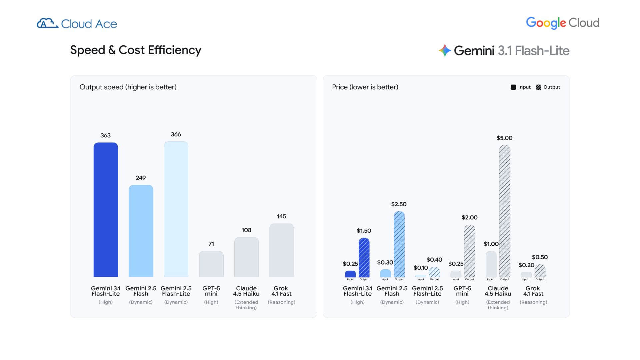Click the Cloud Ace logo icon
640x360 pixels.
click(x=47, y=23)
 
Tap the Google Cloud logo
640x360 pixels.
click(x=563, y=23)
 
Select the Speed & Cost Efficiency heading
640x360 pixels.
click(x=136, y=50)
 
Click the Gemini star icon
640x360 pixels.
click(x=445, y=51)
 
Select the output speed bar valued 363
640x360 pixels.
click(x=106, y=210)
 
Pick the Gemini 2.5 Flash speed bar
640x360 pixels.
click(x=141, y=231)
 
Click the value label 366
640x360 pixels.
click(x=176, y=134)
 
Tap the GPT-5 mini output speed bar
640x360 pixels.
click(x=211, y=264)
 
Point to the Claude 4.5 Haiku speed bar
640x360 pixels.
click(x=246, y=257)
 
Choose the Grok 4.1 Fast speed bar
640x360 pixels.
click(x=282, y=250)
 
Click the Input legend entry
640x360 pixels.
click(x=521, y=87)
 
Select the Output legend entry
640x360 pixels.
click(x=548, y=87)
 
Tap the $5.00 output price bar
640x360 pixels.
click(x=505, y=211)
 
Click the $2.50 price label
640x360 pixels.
click(x=399, y=204)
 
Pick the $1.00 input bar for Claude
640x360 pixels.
click(x=491, y=264)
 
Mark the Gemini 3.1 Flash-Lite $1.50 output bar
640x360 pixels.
click(x=364, y=258)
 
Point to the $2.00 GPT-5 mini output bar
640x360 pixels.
click(x=470, y=251)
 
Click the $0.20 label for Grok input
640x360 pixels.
click(x=526, y=265)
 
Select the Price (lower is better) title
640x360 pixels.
click(x=365, y=87)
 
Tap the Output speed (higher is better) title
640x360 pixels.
click(x=128, y=87)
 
